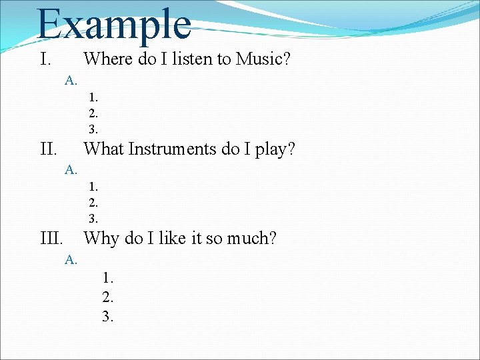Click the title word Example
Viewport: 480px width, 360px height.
pos(114,24)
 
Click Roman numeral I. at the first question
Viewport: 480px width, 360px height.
pos(45,59)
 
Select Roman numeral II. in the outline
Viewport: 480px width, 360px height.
pos(49,149)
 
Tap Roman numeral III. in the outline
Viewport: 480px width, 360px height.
pos(52,238)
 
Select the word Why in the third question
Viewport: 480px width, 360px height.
pos(101,238)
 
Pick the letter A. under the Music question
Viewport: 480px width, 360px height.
pos(71,81)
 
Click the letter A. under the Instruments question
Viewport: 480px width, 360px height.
pos(71,170)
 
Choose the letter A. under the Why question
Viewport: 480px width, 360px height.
pos(71,259)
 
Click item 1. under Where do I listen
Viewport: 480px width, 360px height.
pos(93,99)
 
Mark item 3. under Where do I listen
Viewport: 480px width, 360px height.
pos(93,129)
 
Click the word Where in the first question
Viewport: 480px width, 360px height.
pos(109,59)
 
